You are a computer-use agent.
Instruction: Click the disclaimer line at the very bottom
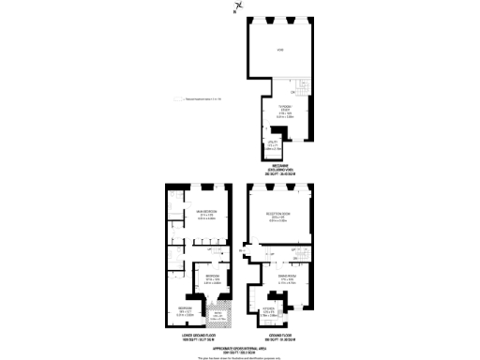click(239, 356)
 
